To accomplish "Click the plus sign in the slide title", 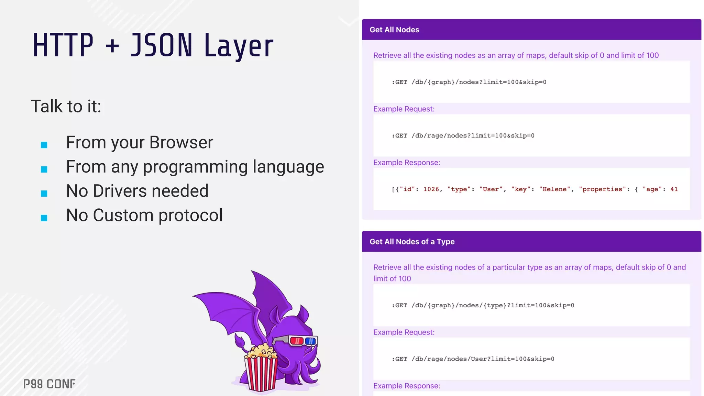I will tap(112, 46).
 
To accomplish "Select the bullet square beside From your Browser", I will tap(44, 145).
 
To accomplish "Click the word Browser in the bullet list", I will tap(181, 142).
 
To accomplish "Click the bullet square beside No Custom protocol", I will tap(44, 218).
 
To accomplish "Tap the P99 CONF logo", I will tap(49, 384).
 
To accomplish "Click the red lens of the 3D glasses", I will tap(296, 341).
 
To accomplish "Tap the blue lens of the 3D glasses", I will tap(310, 341).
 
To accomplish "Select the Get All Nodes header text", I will tap(394, 30).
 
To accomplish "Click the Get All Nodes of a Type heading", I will tap(412, 242).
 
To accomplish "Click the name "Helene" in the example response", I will tap(554, 189).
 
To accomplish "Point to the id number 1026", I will tap(431, 189).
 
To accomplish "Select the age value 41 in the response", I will tap(674, 189).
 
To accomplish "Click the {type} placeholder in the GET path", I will tap(495, 306).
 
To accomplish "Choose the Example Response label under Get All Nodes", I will tap(407, 163).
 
